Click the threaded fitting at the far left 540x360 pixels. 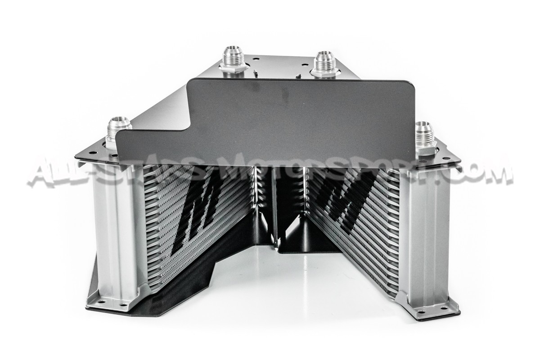119,132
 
